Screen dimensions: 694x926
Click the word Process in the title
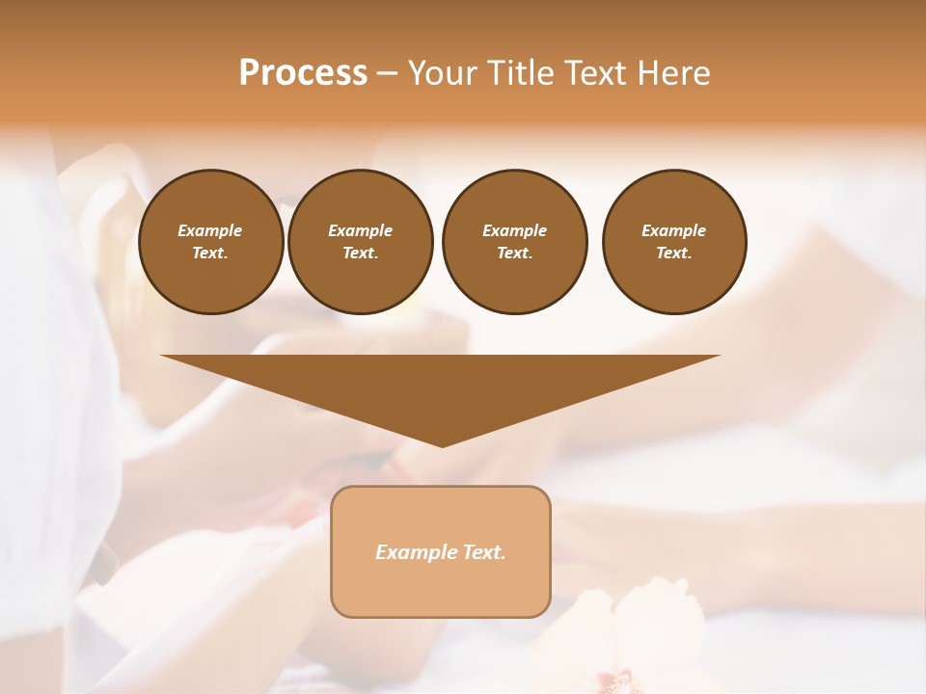coord(303,73)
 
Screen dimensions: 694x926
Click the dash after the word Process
coord(387,74)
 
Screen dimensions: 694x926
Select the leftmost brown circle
coord(210,242)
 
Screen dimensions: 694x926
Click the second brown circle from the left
coord(360,242)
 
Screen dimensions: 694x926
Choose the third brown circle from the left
coord(514,242)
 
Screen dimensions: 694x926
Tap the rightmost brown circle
coord(674,242)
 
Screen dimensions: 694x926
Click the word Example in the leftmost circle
coord(210,230)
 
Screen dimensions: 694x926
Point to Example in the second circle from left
coord(360,230)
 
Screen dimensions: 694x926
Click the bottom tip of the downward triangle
coord(442,444)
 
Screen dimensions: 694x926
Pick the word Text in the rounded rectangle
coord(484,552)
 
